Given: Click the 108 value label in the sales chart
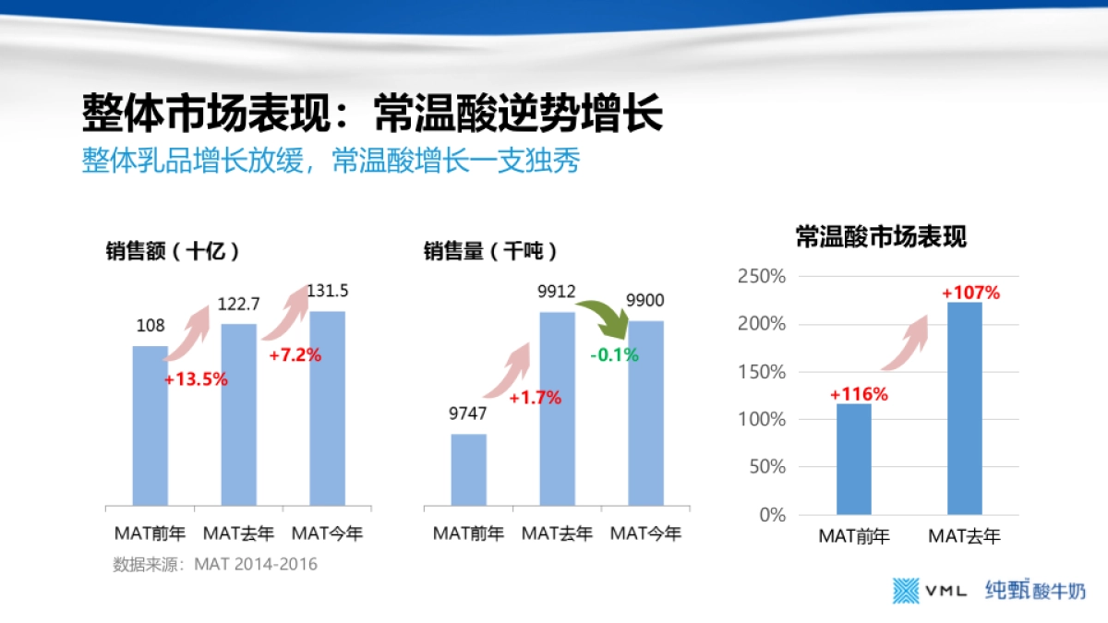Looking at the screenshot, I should coord(151,325).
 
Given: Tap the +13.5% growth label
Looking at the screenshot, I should coord(196,379).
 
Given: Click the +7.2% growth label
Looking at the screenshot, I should coord(295,354).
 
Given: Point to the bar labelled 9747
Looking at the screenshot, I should coord(469,469).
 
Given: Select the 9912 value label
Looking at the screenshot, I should coord(557,292).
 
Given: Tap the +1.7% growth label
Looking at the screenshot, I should coord(536,398).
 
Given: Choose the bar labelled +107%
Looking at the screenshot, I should coord(965,407).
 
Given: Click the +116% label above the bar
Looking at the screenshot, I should coord(859,394).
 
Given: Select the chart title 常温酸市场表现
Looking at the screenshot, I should coord(881,237).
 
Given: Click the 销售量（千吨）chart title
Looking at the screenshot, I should coord(490,251).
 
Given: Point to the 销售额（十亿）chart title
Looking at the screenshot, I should coord(173,251).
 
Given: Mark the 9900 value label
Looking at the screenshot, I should coord(644,301).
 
